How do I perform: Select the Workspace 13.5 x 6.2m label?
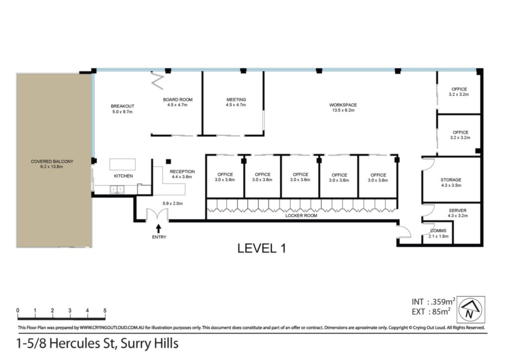(343, 107)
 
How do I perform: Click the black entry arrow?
(159, 229)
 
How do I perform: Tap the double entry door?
(157, 215)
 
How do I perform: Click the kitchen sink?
(117, 189)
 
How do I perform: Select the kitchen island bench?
(122, 164)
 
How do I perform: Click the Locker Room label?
(301, 215)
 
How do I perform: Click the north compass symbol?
(472, 309)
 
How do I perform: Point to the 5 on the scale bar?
(105, 311)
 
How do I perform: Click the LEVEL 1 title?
(261, 248)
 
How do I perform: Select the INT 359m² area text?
(433, 301)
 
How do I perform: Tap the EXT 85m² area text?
(431, 312)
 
